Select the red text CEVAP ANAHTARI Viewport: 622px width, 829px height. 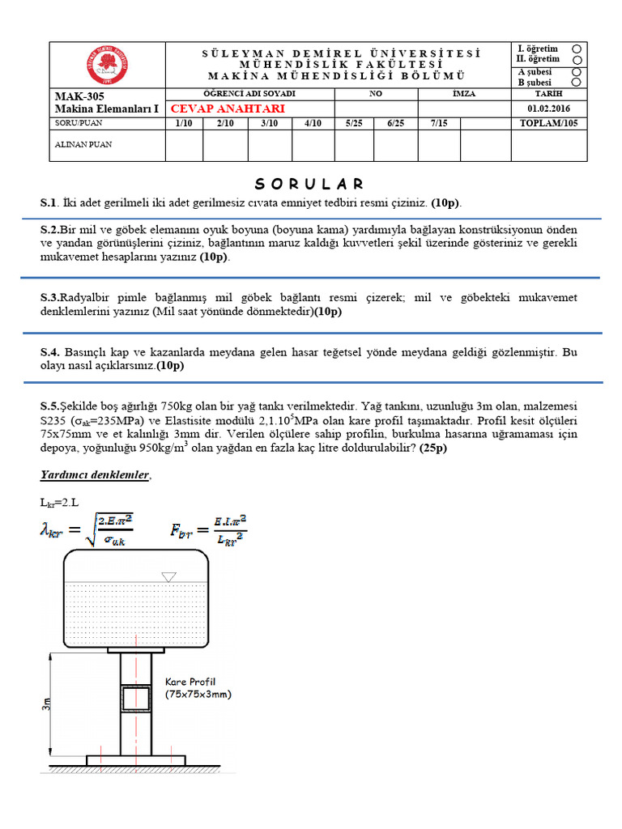click(x=215, y=108)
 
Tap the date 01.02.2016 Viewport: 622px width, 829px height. click(x=547, y=108)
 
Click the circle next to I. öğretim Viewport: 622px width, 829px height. click(x=576, y=49)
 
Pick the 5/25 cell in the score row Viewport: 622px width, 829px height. click(x=354, y=123)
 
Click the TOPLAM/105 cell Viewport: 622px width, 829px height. click(x=547, y=123)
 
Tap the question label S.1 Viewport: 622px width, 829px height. click(x=50, y=202)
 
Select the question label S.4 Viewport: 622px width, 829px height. click(x=50, y=353)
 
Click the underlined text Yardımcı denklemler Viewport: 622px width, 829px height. click(x=95, y=476)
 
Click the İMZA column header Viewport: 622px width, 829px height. click(x=463, y=94)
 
